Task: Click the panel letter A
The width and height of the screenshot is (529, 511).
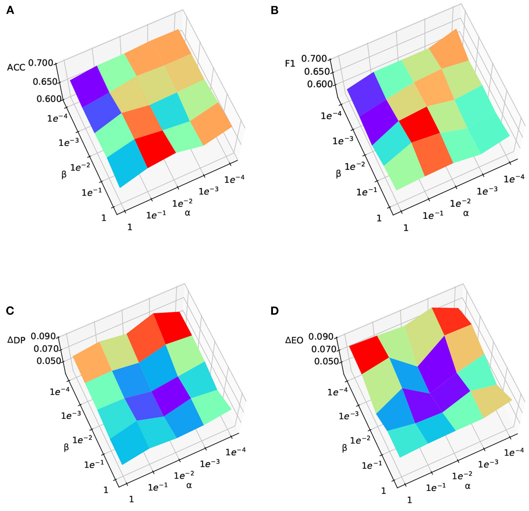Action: [x=10, y=11]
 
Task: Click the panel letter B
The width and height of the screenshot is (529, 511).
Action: [x=274, y=11]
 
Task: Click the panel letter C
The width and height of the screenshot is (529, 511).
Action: [x=10, y=311]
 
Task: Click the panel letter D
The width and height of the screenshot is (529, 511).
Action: [x=274, y=311]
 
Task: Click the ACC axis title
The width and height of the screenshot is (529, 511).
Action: [x=16, y=67]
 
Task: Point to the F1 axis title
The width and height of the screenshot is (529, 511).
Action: [x=290, y=63]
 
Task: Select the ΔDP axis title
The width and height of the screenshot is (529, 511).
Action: [x=16, y=340]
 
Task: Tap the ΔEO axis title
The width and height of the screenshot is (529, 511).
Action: [x=294, y=341]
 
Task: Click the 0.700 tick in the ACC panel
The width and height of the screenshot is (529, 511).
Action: [x=41, y=63]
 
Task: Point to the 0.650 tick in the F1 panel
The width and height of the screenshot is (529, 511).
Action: [x=317, y=72]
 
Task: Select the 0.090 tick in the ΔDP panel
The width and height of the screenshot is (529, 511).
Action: [x=43, y=336]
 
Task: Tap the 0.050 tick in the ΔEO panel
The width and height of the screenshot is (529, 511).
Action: [x=326, y=362]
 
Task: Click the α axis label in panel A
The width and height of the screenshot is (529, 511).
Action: [x=187, y=213]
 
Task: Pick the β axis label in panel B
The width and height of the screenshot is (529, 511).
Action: [x=338, y=174]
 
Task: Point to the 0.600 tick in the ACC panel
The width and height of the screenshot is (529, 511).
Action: [x=49, y=99]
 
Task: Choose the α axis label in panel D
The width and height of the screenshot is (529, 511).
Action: [x=467, y=486]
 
